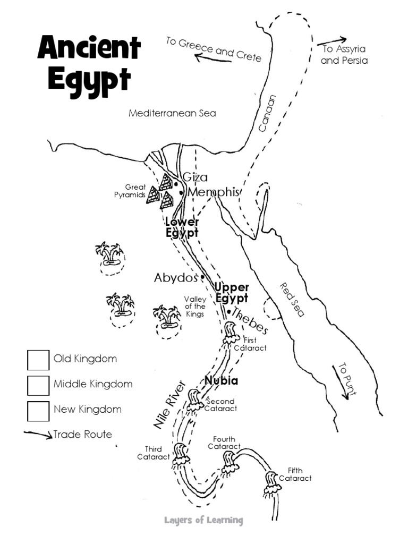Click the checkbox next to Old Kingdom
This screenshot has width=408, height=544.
(x=38, y=360)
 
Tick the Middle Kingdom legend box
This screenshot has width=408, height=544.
(x=38, y=385)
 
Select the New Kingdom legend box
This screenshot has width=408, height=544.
(x=38, y=410)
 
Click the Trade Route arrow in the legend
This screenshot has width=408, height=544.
(x=38, y=435)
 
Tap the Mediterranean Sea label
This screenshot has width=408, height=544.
(x=172, y=114)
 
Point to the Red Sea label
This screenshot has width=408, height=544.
(x=292, y=300)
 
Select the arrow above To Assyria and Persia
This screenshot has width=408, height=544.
(x=332, y=40)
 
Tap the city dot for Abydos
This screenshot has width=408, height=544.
(x=202, y=277)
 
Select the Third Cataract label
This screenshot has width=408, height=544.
(x=153, y=453)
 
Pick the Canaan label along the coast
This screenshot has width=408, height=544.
(x=268, y=113)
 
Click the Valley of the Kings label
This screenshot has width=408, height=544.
(x=194, y=307)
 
